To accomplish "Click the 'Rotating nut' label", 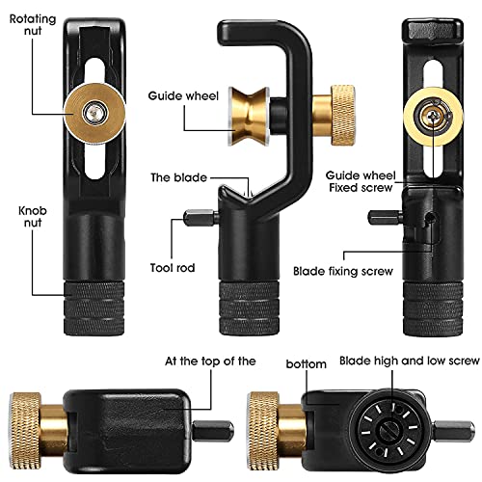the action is pyautogui.click(x=33, y=25).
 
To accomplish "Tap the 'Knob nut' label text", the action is pyautogui.click(x=33, y=216).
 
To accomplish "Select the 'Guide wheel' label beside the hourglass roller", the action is pyautogui.click(x=183, y=95).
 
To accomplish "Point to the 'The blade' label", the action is pyautogui.click(x=178, y=177).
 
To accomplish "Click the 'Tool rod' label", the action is pyautogui.click(x=173, y=268).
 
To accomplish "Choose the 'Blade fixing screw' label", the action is pyautogui.click(x=343, y=272).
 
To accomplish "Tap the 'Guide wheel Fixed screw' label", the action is pyautogui.click(x=361, y=181).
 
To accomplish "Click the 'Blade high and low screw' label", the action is pyautogui.click(x=410, y=361).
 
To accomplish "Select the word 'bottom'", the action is pyautogui.click(x=307, y=364).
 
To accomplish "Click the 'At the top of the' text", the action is pyautogui.click(x=210, y=361).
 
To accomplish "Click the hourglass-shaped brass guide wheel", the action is pyautogui.click(x=249, y=116).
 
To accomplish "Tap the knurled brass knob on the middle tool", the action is pyautogui.click(x=343, y=116).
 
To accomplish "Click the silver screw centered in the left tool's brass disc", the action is pyautogui.click(x=94, y=113).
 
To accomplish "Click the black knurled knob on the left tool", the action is pyautogui.click(x=94, y=308).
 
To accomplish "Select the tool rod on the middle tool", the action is pyautogui.click(x=201, y=218).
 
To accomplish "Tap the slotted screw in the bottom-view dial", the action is pyautogui.click(x=390, y=430).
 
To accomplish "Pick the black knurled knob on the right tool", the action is pyautogui.click(x=433, y=309).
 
